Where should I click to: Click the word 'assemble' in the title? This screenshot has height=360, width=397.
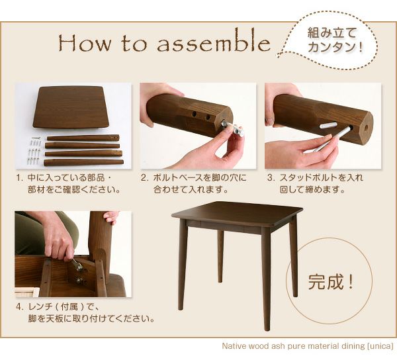pos(214,43)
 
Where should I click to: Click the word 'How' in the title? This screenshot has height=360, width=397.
pos(85,43)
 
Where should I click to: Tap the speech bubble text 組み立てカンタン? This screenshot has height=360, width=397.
pos(335,40)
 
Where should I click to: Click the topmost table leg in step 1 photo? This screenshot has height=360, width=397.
pos(83,138)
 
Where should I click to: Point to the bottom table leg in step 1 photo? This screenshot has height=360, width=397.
pos(83,163)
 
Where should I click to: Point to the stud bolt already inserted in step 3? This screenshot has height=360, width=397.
pos(328,125)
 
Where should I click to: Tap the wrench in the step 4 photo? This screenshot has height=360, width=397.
pos(77,264)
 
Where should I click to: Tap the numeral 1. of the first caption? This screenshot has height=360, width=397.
pos(19,178)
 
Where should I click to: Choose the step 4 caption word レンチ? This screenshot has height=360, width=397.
pos(40,307)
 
